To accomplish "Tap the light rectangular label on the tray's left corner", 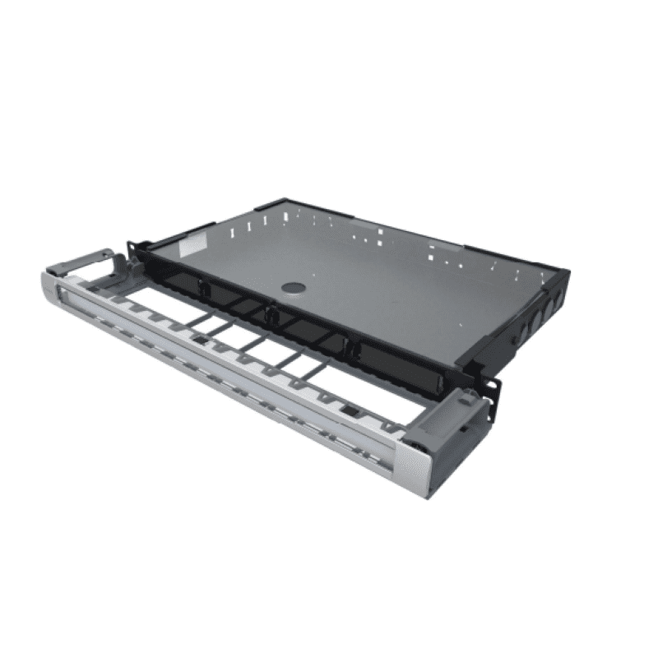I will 194,245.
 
